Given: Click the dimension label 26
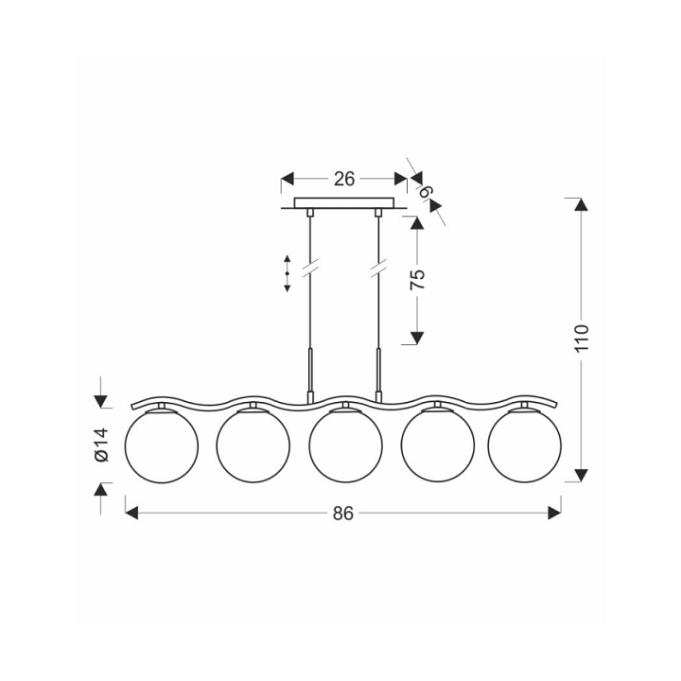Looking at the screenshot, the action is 344,179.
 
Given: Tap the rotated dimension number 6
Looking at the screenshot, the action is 427,191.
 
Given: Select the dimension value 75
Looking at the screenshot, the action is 417,279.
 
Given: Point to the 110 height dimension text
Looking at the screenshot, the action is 581,338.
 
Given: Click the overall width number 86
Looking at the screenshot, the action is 343,514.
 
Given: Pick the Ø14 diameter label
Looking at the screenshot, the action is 101,445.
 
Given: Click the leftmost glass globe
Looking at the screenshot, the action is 162,446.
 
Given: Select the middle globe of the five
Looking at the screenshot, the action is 346,446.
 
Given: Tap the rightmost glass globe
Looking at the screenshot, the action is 525,446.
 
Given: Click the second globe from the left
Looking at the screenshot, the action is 253,446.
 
